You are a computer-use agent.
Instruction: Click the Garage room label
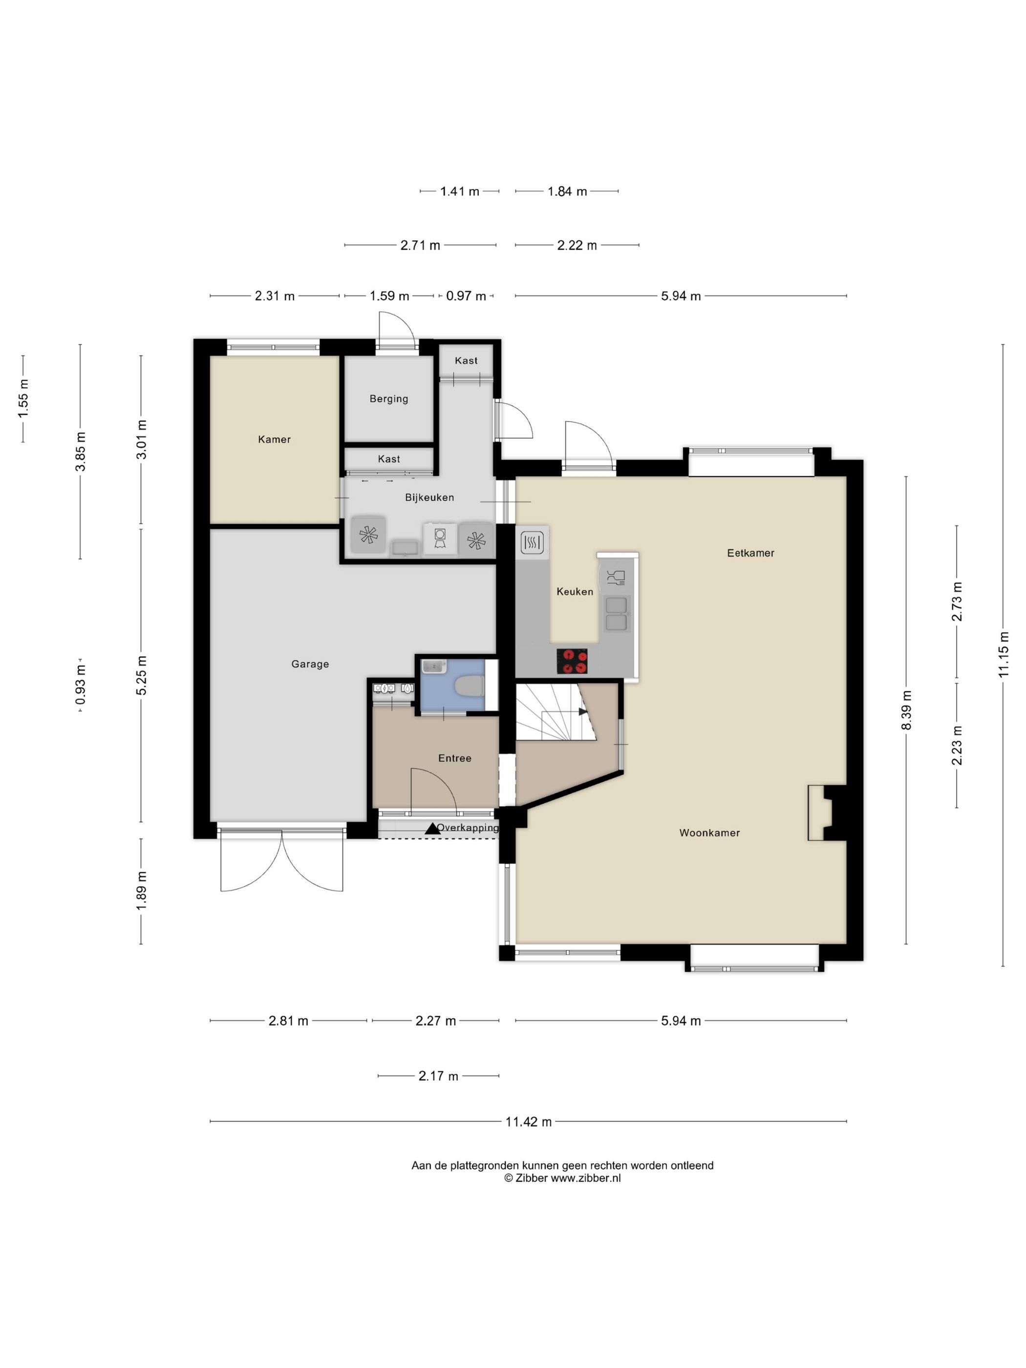[310, 663]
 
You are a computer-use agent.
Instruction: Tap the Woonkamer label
[709, 833]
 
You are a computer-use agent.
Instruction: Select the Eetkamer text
[750, 553]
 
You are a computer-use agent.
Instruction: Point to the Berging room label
[388, 399]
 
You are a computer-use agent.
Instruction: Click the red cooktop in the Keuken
[572, 661]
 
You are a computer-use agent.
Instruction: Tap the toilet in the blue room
[468, 686]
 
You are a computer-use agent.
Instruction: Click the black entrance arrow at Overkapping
[432, 828]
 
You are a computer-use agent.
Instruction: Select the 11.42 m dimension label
[528, 1121]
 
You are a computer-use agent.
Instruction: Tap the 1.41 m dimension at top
[460, 191]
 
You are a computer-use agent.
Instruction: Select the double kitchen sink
[617, 614]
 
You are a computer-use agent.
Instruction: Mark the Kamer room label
[274, 439]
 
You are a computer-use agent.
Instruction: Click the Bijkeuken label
[429, 497]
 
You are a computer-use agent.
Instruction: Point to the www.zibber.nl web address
[586, 1178]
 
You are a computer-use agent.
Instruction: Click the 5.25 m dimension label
[142, 675]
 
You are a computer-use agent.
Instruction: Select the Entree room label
[454, 758]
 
